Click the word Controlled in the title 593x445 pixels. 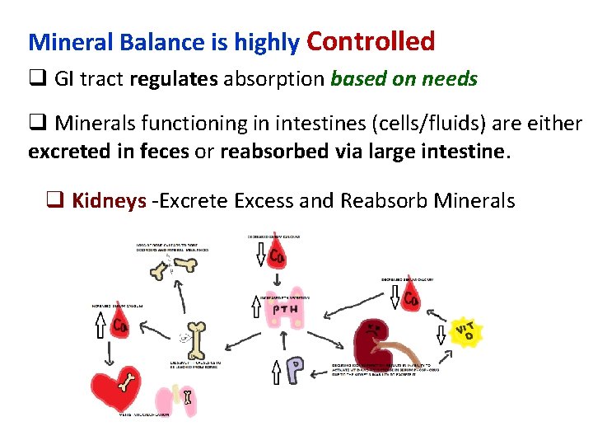371,41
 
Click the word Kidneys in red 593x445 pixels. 108,200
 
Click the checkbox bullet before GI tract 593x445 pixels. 37,79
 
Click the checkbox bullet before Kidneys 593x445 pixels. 55,200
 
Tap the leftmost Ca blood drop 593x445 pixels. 120,325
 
